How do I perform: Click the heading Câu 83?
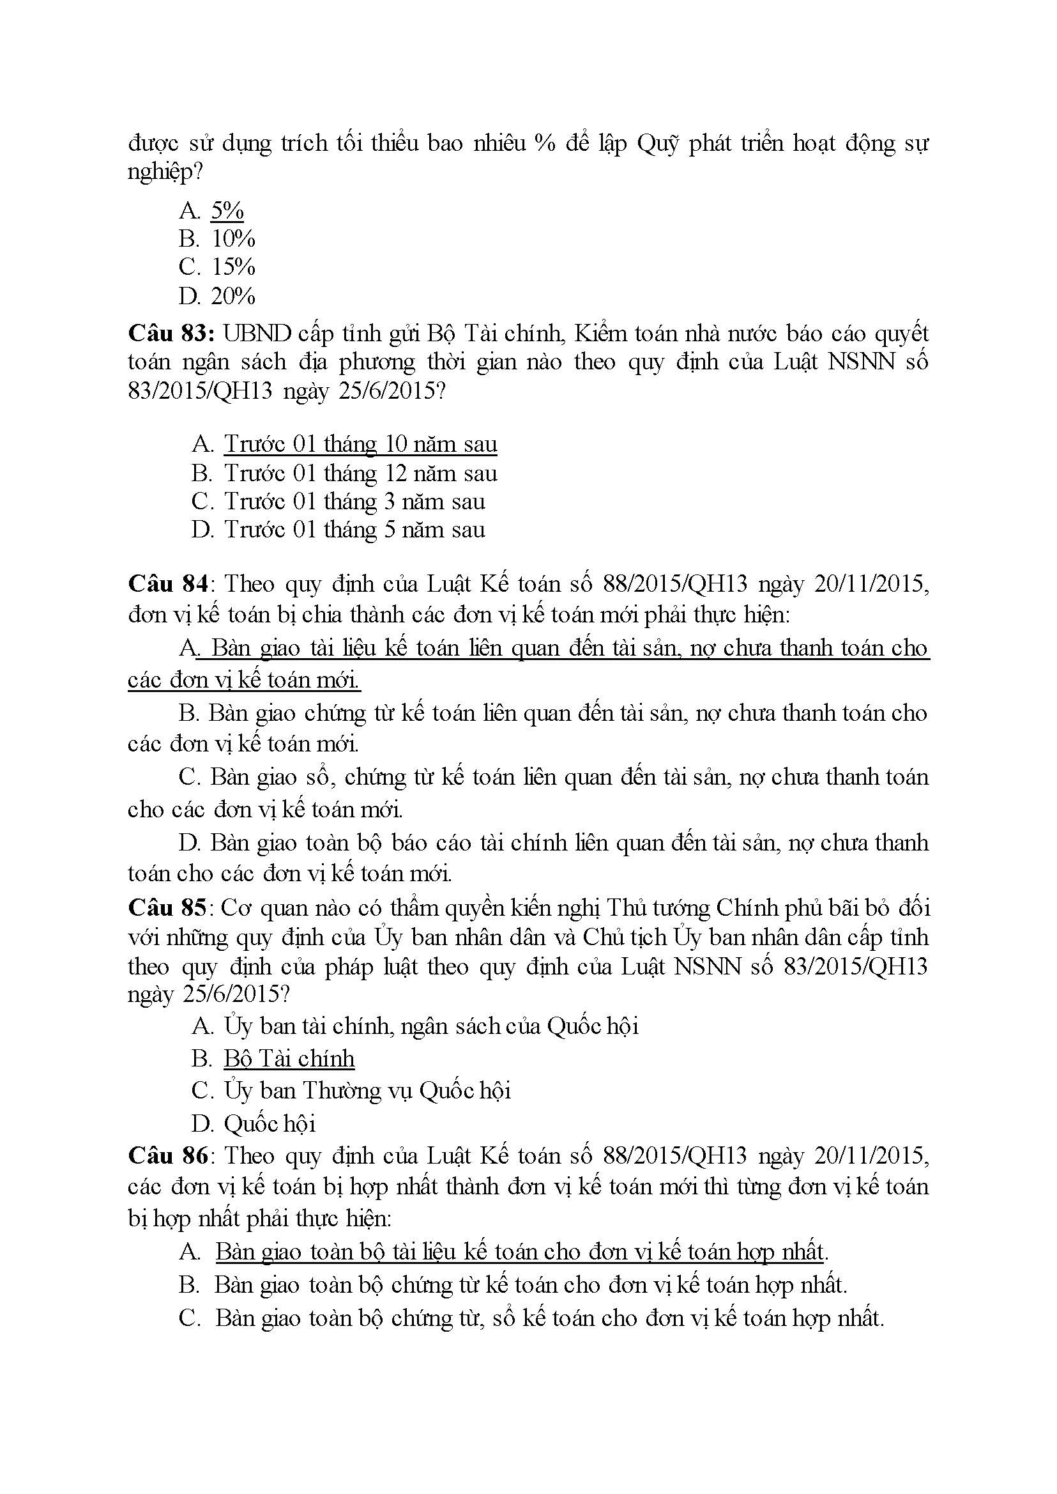click(x=171, y=334)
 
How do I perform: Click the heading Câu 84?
click(x=168, y=583)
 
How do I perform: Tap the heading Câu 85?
click(x=167, y=907)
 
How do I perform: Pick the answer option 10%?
click(x=233, y=239)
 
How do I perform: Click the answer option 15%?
click(x=233, y=267)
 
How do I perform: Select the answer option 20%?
click(x=233, y=296)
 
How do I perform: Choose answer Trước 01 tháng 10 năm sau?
click(x=360, y=444)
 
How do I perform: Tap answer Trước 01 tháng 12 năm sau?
click(x=360, y=474)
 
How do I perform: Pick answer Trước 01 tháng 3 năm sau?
click(x=354, y=502)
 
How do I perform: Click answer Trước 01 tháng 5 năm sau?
click(x=354, y=530)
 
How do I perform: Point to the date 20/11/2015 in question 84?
click(x=871, y=583)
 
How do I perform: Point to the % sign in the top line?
click(x=545, y=143)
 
